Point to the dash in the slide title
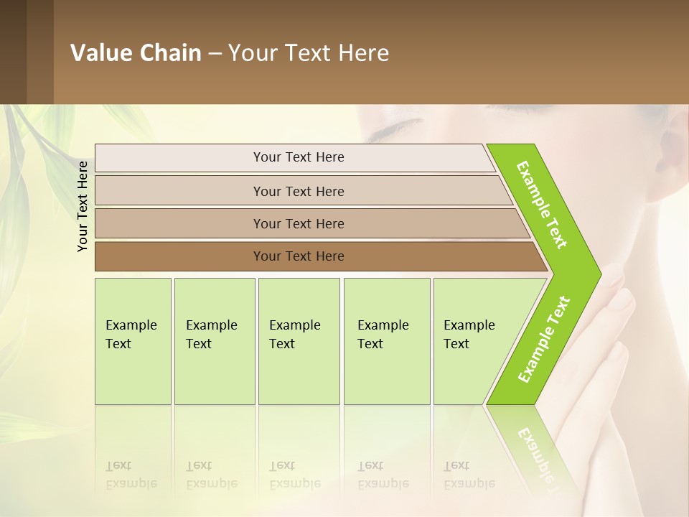(x=215, y=54)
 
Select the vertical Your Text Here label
(x=83, y=206)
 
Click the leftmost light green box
(x=133, y=341)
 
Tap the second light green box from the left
(x=215, y=341)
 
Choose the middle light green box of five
(x=299, y=341)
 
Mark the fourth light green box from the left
(x=387, y=341)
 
